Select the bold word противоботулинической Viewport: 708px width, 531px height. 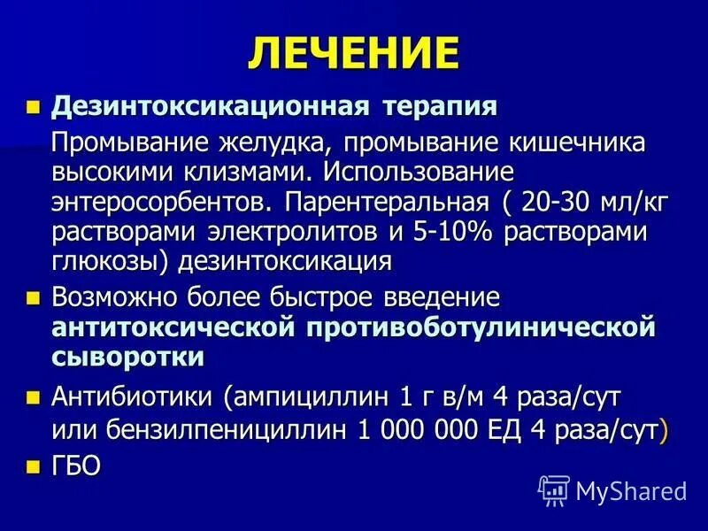[481, 328]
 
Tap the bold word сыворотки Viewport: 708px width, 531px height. [127, 358]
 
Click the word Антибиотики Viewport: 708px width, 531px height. [135, 396]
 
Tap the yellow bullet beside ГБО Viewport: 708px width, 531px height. [35, 466]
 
